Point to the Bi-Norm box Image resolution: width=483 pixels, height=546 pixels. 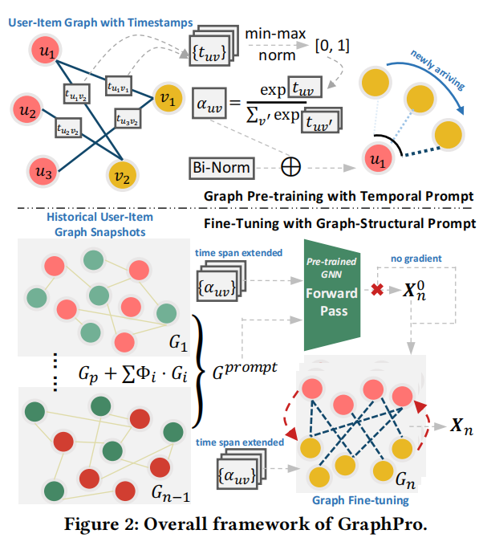(x=219, y=169)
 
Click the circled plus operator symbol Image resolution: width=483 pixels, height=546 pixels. (x=289, y=169)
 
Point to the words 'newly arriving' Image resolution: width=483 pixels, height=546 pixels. (x=432, y=62)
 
